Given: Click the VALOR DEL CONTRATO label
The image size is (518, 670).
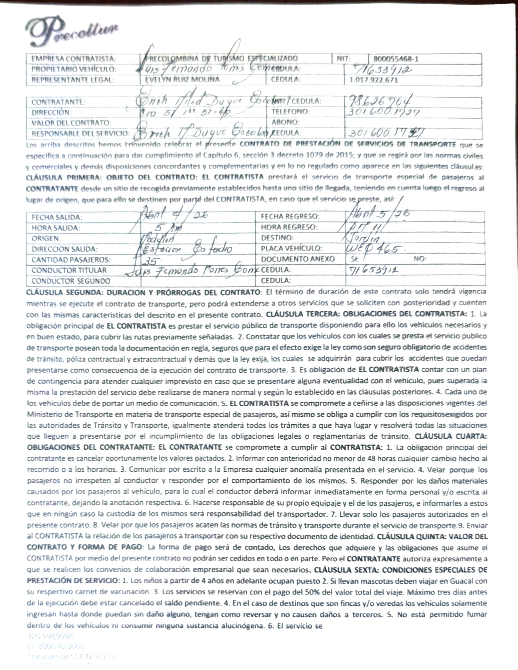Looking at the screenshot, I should pyautogui.click(x=71, y=123).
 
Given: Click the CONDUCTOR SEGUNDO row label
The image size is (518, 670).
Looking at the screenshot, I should pyautogui.click(x=71, y=281).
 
